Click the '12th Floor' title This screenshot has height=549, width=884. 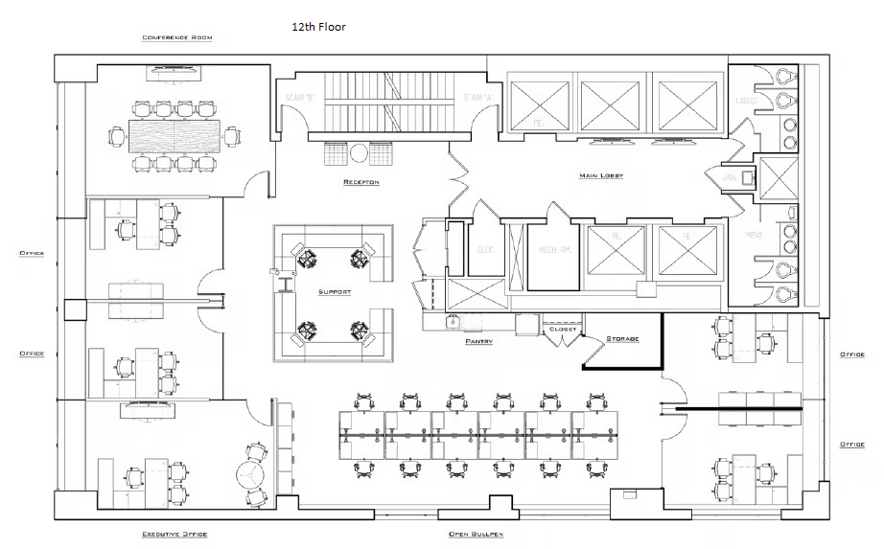(319, 28)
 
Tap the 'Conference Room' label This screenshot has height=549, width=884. (177, 38)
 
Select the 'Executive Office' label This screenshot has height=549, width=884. (174, 534)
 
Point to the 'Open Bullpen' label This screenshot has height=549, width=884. (477, 534)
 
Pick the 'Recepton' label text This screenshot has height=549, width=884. (361, 182)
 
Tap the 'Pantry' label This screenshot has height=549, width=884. (479, 341)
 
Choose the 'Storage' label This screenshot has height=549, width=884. (622, 339)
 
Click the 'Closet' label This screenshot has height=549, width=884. (563, 330)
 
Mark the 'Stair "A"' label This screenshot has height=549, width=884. (477, 98)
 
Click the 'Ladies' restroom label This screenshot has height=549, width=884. (747, 101)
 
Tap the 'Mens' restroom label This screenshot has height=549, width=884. (754, 234)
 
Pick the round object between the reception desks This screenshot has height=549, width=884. (359, 151)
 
